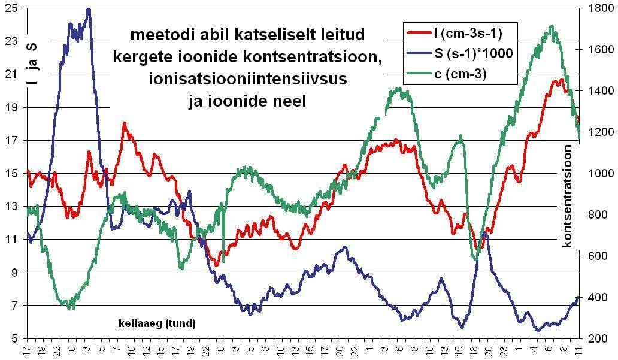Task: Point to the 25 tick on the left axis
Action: (11, 8)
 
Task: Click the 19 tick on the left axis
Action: (11, 107)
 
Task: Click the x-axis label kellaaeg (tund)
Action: (157, 324)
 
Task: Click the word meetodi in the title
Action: (157, 34)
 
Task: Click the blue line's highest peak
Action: (89, 10)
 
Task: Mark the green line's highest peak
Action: (551, 26)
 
